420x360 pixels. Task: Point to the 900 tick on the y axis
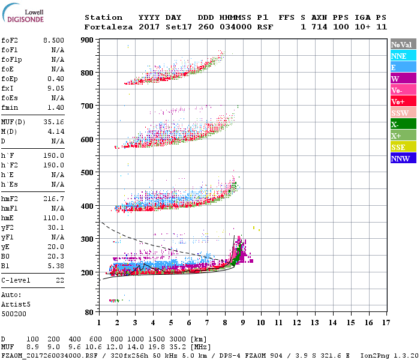(x=88, y=40)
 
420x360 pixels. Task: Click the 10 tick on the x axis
(x=260, y=323)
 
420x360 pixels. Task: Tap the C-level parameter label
(x=17, y=280)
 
